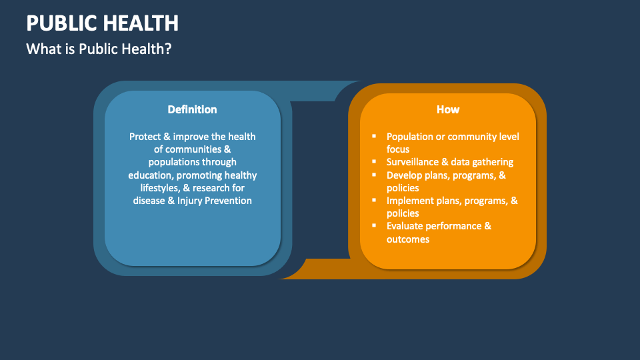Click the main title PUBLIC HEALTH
(x=103, y=23)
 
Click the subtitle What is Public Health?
(x=99, y=49)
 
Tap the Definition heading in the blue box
(x=192, y=109)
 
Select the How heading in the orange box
(x=448, y=109)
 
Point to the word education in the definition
(x=151, y=175)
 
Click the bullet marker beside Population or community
(x=374, y=136)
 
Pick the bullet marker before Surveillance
(x=374, y=161)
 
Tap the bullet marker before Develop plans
(x=374, y=175)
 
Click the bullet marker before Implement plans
(x=374, y=200)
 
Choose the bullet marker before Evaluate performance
(x=374, y=225)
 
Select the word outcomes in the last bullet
(x=408, y=239)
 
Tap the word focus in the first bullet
(x=398, y=149)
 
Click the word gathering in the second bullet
(x=493, y=163)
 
